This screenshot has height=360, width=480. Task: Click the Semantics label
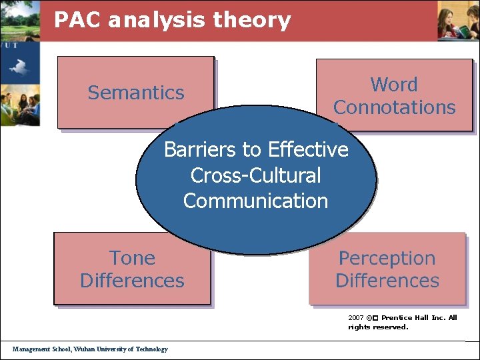[x=136, y=93]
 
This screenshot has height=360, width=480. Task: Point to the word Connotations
[x=394, y=107]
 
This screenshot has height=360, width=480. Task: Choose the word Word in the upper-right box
[x=394, y=85]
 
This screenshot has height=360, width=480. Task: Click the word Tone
[x=132, y=258]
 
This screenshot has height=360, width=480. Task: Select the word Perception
[x=387, y=258]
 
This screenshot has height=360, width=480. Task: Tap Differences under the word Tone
[x=132, y=281]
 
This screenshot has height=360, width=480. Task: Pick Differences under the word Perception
[x=387, y=281]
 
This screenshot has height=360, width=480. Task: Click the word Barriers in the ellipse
[x=195, y=149]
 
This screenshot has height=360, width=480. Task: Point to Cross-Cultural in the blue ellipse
[x=255, y=175]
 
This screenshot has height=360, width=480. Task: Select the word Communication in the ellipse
[x=255, y=201]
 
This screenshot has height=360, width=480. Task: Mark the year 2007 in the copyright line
[x=355, y=318]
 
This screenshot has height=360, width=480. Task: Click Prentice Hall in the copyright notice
[x=407, y=318]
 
